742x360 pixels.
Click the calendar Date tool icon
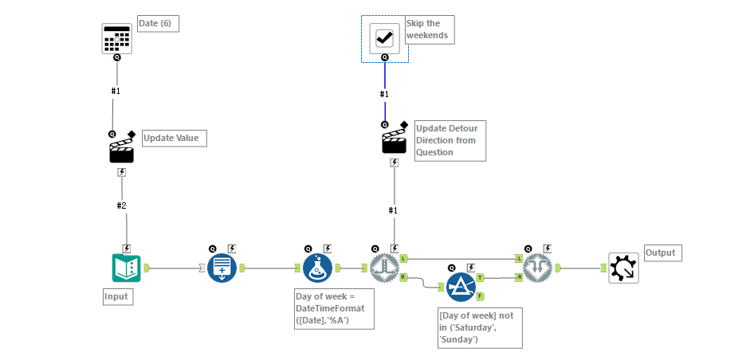coord(116,38)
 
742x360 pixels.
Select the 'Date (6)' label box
coord(157,24)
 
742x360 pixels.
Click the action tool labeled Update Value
coord(121,148)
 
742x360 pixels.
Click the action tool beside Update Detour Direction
coord(395,142)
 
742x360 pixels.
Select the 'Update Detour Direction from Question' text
coord(450,140)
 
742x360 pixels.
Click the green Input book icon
coord(126,268)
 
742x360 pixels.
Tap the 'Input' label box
coord(116,297)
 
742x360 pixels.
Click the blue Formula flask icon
coord(317,268)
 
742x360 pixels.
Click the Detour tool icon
coord(384,268)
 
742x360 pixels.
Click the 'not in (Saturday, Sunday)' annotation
coord(480,327)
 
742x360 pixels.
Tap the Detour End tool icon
coord(539,268)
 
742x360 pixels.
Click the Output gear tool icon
coord(622,268)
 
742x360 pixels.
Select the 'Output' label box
coord(661,253)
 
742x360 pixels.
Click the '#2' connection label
coord(122,205)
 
